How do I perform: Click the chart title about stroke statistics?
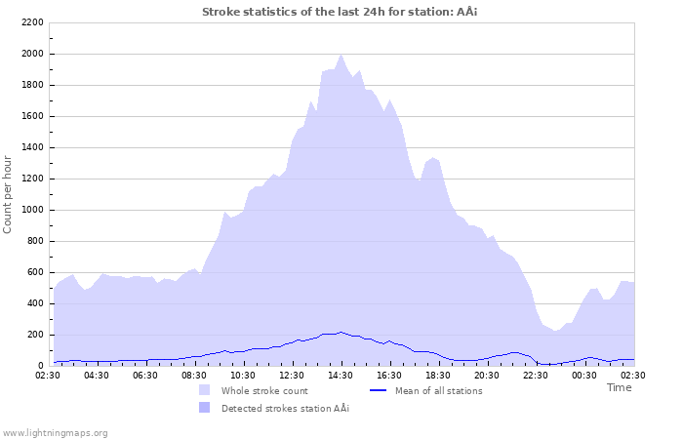[x=340, y=12]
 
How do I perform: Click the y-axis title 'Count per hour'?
[x=9, y=193]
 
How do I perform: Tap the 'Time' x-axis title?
[x=619, y=387]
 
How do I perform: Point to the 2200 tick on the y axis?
[x=31, y=22]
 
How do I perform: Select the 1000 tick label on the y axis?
[x=31, y=210]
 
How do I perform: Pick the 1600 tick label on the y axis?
[x=31, y=116]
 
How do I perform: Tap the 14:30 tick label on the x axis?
[x=341, y=375]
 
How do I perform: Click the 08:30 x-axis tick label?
[x=194, y=375]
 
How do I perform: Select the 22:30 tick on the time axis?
[x=536, y=375]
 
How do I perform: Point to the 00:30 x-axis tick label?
[x=584, y=375]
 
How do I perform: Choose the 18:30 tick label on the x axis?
[x=438, y=375]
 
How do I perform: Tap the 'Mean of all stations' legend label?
[x=438, y=391]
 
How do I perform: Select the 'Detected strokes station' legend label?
[x=285, y=408]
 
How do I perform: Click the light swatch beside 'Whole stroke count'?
[x=204, y=391]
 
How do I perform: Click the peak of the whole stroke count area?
[x=341, y=55]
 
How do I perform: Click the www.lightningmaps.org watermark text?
[x=55, y=432]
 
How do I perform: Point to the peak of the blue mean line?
[x=341, y=332]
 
